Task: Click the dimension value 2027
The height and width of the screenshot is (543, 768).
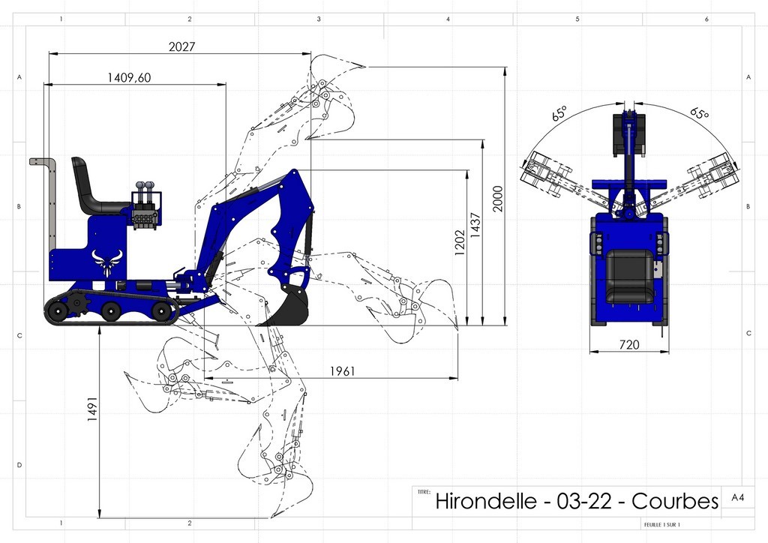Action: pyautogui.click(x=182, y=46)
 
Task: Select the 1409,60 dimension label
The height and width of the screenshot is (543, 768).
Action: pyautogui.click(x=129, y=76)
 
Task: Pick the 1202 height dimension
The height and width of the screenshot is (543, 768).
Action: pyautogui.click(x=459, y=243)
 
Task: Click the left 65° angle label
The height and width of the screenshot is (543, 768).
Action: pyautogui.click(x=559, y=114)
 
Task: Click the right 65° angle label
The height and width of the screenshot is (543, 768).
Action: pyautogui.click(x=699, y=114)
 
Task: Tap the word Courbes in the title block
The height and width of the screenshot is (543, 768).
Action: pyautogui.click(x=675, y=501)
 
